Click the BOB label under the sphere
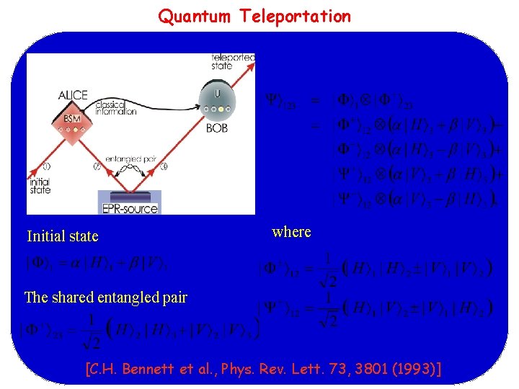point(217,128)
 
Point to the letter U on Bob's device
point(217,93)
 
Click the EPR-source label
point(130,210)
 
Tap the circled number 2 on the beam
point(97,167)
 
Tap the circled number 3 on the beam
point(164,167)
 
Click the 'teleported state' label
point(232,61)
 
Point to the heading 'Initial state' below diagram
point(63,236)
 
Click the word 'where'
point(292,232)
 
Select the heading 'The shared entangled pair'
point(106,298)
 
